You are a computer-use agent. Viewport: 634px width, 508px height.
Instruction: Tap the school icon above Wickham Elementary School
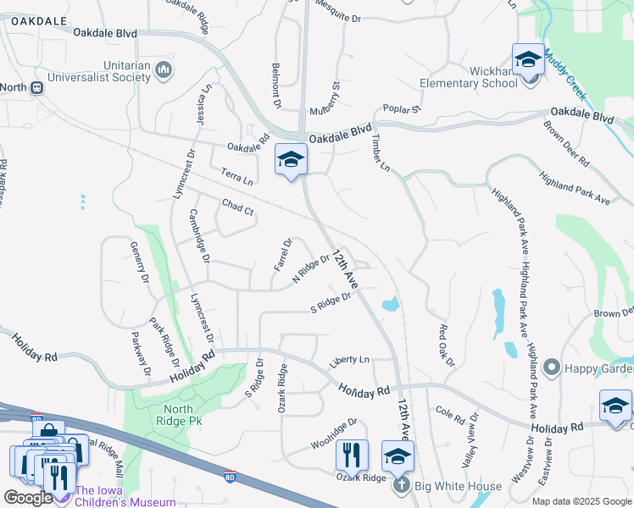click(x=528, y=60)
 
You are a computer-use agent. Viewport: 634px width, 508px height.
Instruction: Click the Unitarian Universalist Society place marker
click(x=164, y=70)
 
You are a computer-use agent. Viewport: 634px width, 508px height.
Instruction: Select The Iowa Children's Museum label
click(x=125, y=496)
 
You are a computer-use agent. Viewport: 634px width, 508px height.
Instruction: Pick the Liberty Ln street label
click(x=350, y=360)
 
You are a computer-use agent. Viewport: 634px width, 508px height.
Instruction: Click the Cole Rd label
click(x=450, y=415)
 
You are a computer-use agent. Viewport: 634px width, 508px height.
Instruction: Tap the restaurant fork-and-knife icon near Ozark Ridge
click(x=352, y=455)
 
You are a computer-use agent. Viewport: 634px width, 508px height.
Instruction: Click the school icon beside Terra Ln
click(x=291, y=159)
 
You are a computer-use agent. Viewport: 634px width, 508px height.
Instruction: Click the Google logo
click(x=27, y=498)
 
